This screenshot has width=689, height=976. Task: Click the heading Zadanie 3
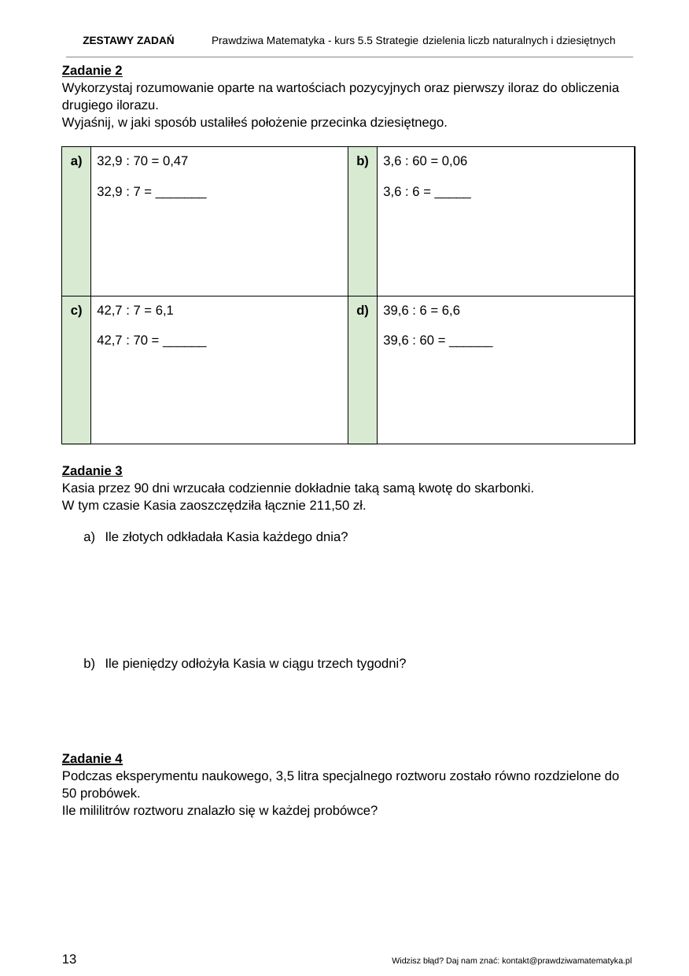click(x=91, y=471)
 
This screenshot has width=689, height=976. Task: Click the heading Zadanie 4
click(x=91, y=759)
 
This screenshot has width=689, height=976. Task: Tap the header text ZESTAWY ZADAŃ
click(x=128, y=40)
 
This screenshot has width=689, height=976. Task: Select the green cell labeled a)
click(x=76, y=162)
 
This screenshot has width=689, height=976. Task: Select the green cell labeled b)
click(x=363, y=162)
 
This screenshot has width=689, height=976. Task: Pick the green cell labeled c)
click(x=76, y=311)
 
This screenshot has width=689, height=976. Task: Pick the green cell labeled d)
click(x=363, y=311)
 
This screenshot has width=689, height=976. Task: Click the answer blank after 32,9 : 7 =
click(x=181, y=191)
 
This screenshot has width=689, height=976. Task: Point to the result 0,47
click(x=174, y=161)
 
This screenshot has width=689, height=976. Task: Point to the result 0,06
click(x=454, y=161)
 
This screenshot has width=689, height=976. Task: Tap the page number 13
click(x=69, y=959)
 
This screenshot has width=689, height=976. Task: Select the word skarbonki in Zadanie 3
click(x=505, y=488)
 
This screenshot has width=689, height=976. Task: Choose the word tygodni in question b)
click(x=381, y=664)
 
